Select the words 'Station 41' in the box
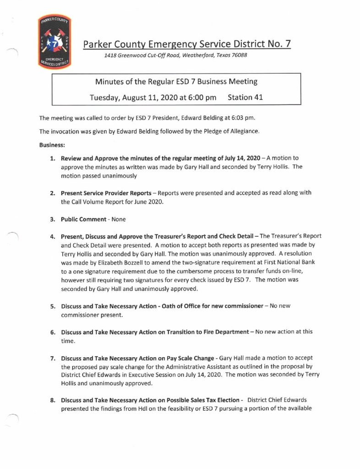pos(245,97)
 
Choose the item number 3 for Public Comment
pos(53,219)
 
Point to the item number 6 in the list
pos(53,332)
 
